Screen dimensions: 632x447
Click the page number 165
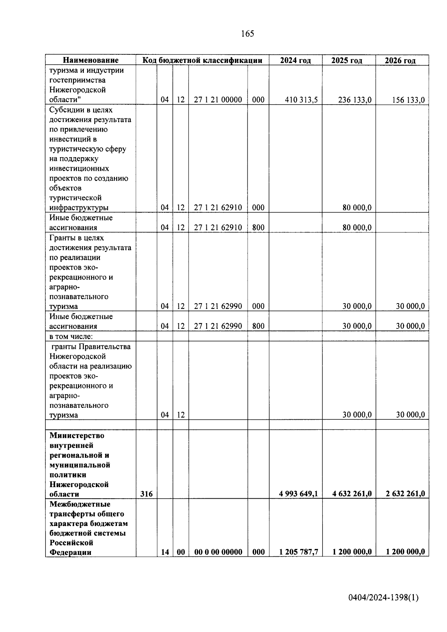(x=247, y=34)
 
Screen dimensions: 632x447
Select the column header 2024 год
(x=295, y=60)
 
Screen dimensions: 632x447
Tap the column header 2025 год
(x=346, y=60)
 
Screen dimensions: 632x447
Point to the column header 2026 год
(x=400, y=60)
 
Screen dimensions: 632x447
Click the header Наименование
(x=91, y=60)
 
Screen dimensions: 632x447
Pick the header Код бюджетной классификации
(x=203, y=60)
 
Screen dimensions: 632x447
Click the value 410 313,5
(x=301, y=100)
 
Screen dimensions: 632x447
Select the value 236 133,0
(x=355, y=100)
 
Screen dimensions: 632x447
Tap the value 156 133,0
(x=408, y=100)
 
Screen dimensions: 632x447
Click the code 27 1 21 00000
(x=218, y=100)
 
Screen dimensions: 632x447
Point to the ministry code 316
(x=146, y=494)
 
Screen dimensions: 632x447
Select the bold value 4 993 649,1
(x=298, y=494)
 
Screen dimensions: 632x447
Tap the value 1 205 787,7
(x=298, y=552)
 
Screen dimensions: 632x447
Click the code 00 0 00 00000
(x=218, y=552)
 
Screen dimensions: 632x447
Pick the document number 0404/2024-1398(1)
(x=383, y=598)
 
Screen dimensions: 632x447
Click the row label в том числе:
(x=71, y=337)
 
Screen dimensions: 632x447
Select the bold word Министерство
(x=77, y=436)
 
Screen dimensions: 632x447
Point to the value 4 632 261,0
(x=352, y=494)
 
